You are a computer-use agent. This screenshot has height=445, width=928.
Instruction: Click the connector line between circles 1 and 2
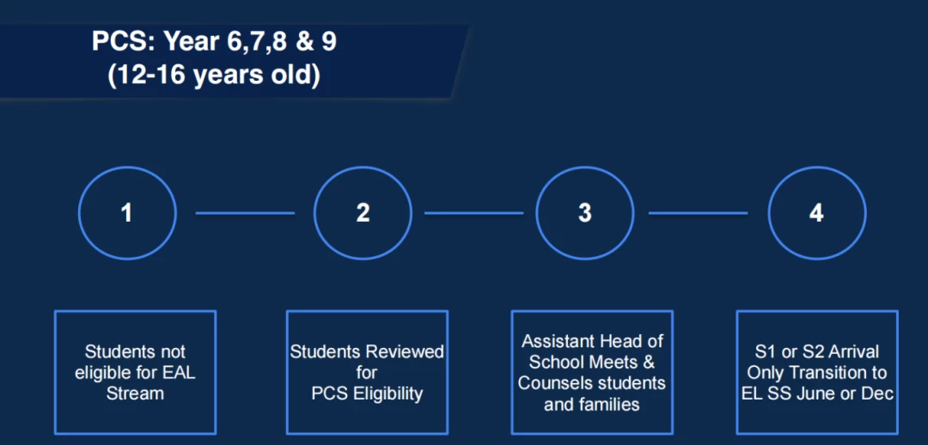click(245, 213)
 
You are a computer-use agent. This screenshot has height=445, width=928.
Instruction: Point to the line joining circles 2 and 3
click(474, 213)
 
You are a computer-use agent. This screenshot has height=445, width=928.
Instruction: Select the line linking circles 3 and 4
click(699, 213)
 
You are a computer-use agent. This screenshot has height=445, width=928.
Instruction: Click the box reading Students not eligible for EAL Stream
click(55, 372)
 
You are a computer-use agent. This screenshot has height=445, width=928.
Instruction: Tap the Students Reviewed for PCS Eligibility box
click(287, 372)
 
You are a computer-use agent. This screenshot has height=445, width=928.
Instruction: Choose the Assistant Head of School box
click(512, 372)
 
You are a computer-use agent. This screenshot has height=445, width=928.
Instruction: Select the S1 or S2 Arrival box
click(737, 372)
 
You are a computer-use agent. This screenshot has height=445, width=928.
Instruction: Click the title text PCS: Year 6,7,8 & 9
click(214, 43)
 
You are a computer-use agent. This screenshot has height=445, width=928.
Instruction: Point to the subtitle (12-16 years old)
click(214, 76)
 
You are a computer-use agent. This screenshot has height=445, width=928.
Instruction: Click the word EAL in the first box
click(176, 374)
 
